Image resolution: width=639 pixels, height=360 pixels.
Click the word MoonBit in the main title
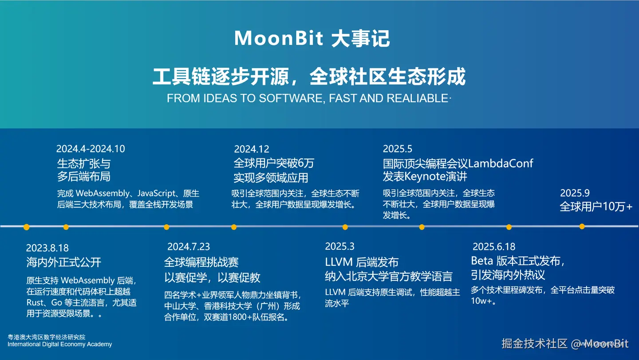(x=279, y=38)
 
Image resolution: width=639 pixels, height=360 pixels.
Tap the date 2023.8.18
(x=47, y=248)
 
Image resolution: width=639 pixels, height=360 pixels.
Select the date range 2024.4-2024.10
(x=91, y=149)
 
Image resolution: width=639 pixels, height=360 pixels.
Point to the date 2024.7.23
(x=189, y=247)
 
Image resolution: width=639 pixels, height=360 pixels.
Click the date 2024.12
(x=252, y=149)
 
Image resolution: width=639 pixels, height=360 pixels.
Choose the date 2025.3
(x=340, y=246)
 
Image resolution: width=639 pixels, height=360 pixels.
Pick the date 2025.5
(x=398, y=149)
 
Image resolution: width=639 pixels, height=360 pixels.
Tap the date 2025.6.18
(x=494, y=247)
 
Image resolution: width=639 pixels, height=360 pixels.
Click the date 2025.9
(x=575, y=193)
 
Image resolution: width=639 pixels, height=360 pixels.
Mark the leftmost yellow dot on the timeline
(x=27, y=227)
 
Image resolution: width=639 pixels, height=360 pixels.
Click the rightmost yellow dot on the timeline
(x=582, y=226)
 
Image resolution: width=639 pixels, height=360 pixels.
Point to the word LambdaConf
(x=501, y=163)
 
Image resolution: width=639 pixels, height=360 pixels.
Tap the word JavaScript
(x=156, y=194)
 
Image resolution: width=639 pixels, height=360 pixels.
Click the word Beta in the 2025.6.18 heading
(x=482, y=261)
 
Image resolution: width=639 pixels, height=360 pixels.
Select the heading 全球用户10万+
(x=596, y=206)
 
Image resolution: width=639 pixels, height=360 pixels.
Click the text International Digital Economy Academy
(x=59, y=344)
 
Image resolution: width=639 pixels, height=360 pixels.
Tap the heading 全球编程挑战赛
(x=201, y=262)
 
